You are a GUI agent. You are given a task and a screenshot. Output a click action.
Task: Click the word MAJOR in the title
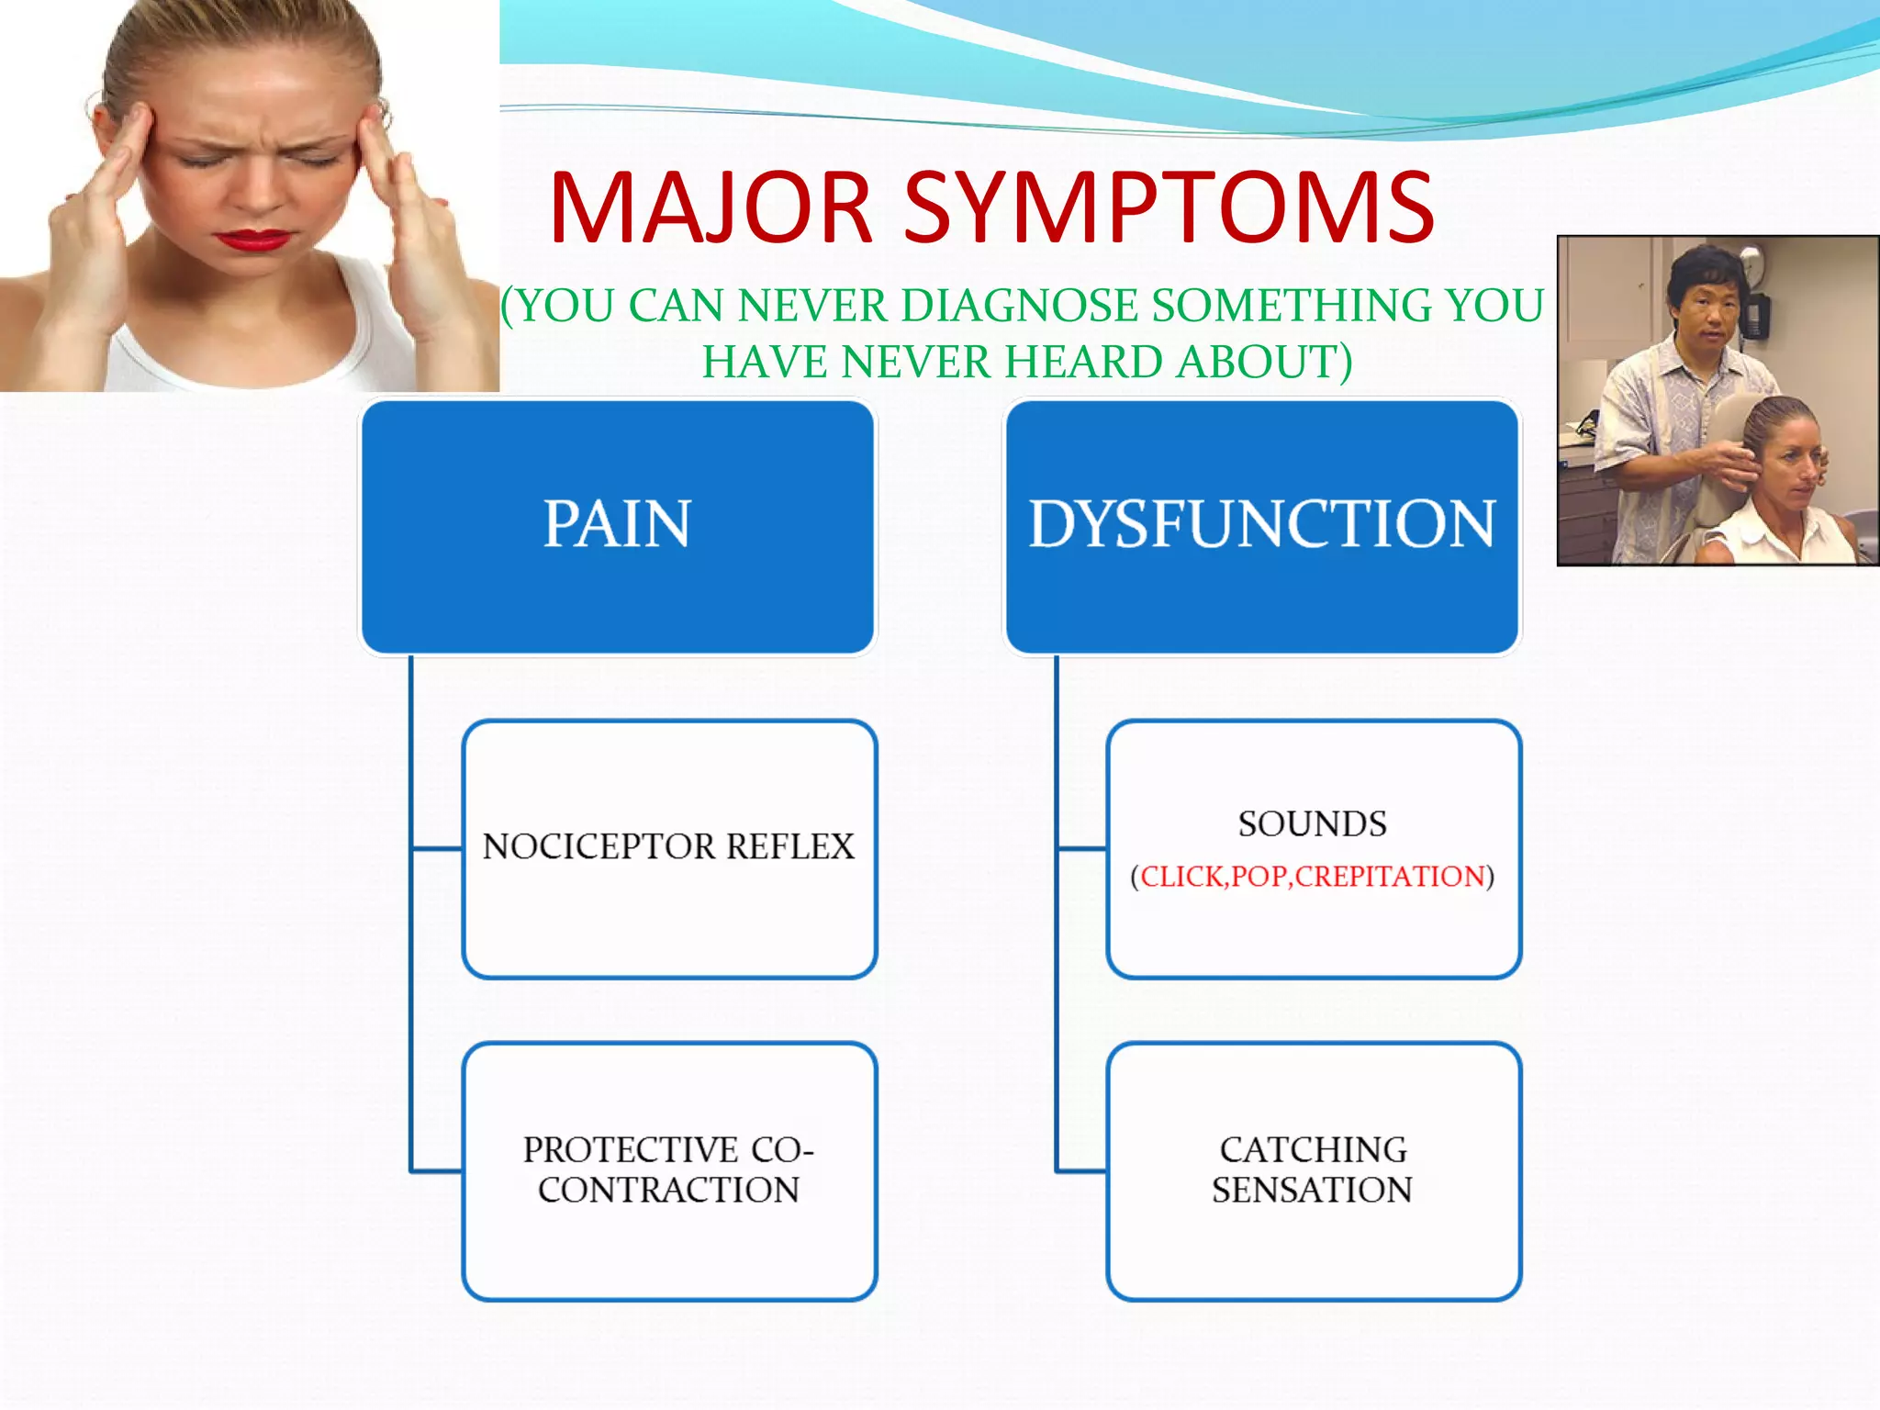(710, 208)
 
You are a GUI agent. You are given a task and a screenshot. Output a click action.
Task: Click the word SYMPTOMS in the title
(1169, 208)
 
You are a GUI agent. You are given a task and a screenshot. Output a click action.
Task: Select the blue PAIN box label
(617, 524)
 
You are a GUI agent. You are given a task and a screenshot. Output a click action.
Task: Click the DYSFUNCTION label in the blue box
(1261, 524)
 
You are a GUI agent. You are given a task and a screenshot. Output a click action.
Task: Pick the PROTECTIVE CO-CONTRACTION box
(669, 1169)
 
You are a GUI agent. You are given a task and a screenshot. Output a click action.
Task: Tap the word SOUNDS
(1312, 824)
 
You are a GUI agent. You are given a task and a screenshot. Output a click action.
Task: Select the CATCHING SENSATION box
(1313, 1169)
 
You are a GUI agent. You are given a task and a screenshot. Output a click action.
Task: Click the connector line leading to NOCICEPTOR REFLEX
(437, 848)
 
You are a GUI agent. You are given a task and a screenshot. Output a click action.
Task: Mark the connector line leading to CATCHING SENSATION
(1081, 1170)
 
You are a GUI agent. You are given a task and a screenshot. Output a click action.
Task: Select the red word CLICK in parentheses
(1182, 877)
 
